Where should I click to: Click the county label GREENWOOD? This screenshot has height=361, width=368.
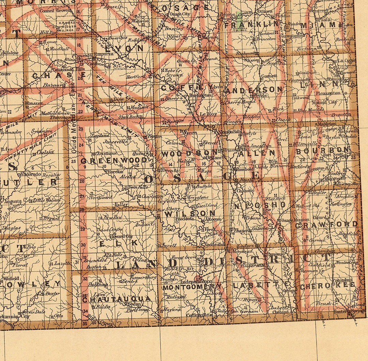(114, 160)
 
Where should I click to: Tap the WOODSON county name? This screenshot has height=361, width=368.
(189, 154)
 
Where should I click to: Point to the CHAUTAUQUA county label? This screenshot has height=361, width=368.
(117, 299)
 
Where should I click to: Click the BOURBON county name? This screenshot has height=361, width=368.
(322, 150)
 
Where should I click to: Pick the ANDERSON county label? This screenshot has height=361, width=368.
(254, 90)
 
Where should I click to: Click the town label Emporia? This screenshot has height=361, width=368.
(104, 54)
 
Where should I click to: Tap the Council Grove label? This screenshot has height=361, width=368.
(52, 11)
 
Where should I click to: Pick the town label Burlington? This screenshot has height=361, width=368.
(200, 96)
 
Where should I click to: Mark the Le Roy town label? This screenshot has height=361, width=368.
(208, 114)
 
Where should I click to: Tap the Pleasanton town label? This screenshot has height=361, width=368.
(328, 93)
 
